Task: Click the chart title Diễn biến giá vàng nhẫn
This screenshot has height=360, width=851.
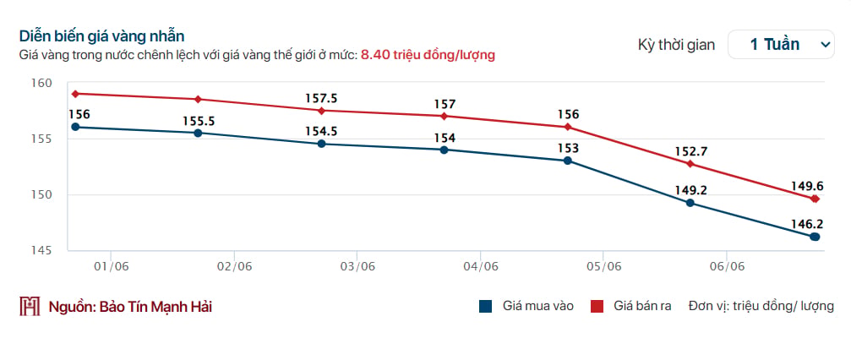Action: coord(102,36)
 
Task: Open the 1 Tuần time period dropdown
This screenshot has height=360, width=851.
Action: coord(781,45)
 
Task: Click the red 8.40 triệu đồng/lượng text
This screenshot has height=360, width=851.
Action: coord(428,55)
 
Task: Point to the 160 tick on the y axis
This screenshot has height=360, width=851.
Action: coord(41,83)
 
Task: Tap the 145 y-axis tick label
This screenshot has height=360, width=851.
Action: coord(41,250)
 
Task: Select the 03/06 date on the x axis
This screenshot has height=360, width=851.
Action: coord(357,266)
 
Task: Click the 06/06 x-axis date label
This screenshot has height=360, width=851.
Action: coord(727,266)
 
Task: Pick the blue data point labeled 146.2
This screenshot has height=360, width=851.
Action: coord(815,237)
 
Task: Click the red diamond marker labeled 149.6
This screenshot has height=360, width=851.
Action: coord(815,199)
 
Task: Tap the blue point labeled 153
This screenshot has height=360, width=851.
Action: coord(568,161)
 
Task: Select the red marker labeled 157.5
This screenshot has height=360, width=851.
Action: coord(321,111)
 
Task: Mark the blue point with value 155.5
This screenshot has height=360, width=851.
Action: coord(198,133)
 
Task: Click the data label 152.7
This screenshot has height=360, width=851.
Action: coord(690,151)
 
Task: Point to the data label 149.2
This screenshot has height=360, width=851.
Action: coord(690,191)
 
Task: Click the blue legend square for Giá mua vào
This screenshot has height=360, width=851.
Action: coord(486,306)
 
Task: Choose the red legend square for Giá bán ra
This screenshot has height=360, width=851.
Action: coord(597,306)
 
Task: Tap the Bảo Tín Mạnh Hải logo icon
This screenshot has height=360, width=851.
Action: coord(30,306)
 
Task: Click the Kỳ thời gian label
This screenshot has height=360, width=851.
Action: coord(677,45)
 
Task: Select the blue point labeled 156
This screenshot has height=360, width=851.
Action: coord(75,127)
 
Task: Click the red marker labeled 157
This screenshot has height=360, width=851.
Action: coord(445,117)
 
